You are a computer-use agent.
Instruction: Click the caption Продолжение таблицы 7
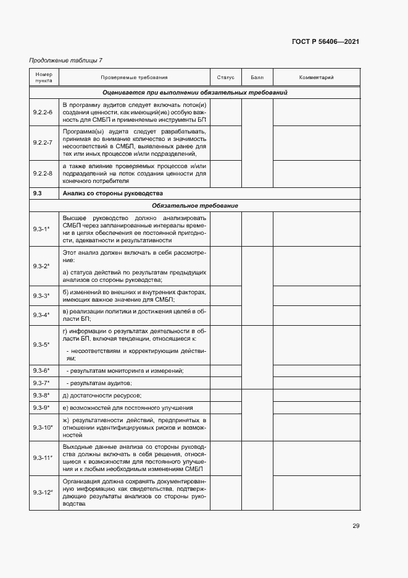66,60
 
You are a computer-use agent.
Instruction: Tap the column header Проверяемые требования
135,78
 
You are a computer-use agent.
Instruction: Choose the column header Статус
226,78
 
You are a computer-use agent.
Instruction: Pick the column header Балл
257,78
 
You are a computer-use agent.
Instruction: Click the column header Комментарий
316,78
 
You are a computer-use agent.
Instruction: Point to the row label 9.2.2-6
43,112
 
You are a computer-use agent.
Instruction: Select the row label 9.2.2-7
43,142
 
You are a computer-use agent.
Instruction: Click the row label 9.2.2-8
43,173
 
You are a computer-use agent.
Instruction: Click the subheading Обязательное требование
194,205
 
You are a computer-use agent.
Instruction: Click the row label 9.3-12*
43,493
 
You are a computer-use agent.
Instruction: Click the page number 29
356,526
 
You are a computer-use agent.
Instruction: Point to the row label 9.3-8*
41,395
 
